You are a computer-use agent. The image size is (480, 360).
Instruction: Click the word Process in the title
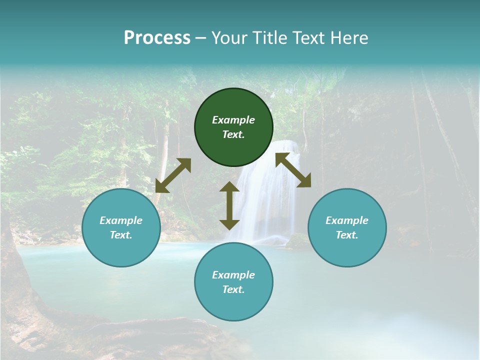pos(157,38)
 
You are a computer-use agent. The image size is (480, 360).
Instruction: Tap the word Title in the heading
pos(268,38)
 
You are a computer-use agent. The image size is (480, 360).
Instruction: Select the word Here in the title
pos(348,38)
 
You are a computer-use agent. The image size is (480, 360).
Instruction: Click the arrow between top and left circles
pos(173,175)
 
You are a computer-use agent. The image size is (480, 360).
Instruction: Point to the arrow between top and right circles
pos(293,170)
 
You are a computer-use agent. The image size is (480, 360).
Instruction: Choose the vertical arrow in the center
pos(229,205)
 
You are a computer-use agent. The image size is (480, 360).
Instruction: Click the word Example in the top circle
pos(233,120)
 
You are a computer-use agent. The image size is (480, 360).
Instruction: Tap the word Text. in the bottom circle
pos(233,289)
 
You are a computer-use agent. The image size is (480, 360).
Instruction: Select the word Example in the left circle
pos(121,220)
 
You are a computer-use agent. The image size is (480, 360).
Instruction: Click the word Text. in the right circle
pos(347,235)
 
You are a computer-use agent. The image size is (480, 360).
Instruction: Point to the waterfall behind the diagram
pos(265,200)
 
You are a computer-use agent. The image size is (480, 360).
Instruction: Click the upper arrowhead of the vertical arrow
pos(229,187)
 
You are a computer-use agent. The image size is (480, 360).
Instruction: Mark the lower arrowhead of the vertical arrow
pos(229,224)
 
